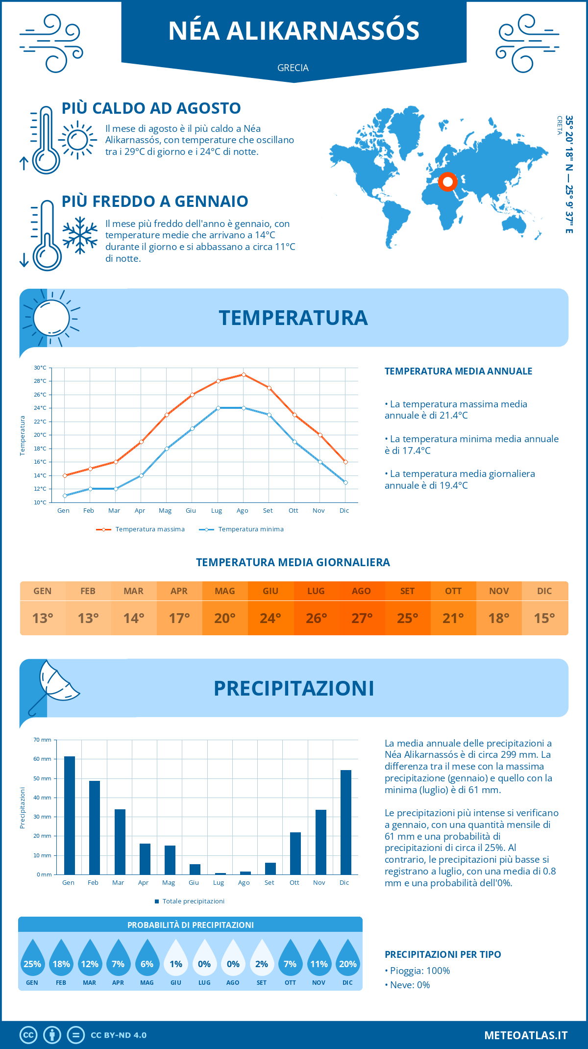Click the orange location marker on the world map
pyautogui.click(x=447, y=182)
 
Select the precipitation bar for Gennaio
pyautogui.click(x=70, y=816)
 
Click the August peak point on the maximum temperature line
pyautogui.click(x=244, y=375)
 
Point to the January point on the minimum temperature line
pyautogui.click(x=65, y=496)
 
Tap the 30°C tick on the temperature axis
pyautogui.click(x=40, y=368)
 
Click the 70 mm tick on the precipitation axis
pyautogui.click(x=43, y=740)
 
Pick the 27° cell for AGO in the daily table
pyautogui.click(x=362, y=618)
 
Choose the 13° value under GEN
pyautogui.click(x=43, y=618)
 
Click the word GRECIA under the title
pyautogui.click(x=293, y=68)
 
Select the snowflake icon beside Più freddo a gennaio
pyautogui.click(x=80, y=236)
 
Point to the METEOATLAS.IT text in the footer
pyautogui.click(x=526, y=1035)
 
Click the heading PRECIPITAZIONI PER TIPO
pyautogui.click(x=443, y=954)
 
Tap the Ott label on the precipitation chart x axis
pyautogui.click(x=294, y=883)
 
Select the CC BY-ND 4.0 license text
pyautogui.click(x=119, y=1035)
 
